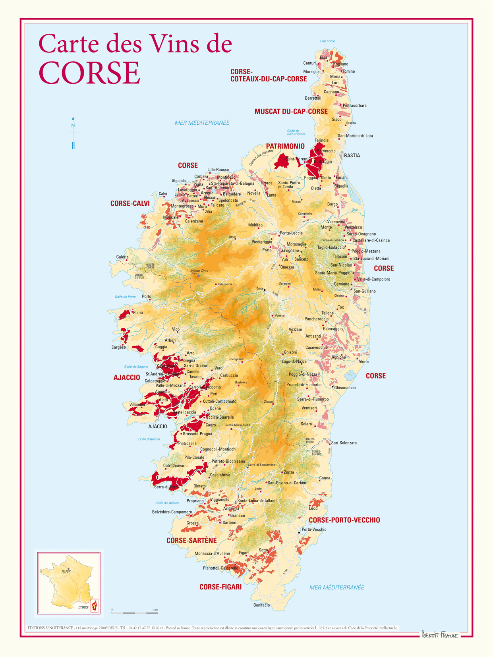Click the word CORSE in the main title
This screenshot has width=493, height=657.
tap(89, 73)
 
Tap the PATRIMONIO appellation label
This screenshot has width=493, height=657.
tap(285, 146)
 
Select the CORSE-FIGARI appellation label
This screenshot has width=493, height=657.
tap(220, 587)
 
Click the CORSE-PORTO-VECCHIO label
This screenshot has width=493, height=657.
tap(344, 520)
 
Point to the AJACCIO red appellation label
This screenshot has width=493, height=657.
tap(127, 377)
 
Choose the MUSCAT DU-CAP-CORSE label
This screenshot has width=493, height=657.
tap(291, 112)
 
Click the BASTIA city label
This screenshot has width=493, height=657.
tap(352, 156)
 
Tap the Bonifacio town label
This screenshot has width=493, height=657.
tap(261, 605)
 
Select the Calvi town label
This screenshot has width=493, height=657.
tap(163, 194)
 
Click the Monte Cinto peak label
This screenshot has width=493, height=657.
tap(199, 271)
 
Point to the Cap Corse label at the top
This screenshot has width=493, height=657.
tap(327, 41)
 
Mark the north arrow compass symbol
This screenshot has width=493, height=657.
tap(73, 133)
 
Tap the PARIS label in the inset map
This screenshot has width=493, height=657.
tap(66, 572)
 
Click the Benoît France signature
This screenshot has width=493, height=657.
tap(439, 634)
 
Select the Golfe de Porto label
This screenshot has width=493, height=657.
tap(125, 297)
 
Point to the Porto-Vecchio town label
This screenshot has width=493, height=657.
tap(314, 529)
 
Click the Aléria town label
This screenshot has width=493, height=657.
tap(363, 361)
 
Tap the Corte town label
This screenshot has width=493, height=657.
tap(260, 289)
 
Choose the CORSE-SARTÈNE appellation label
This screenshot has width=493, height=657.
tap(191, 541)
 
